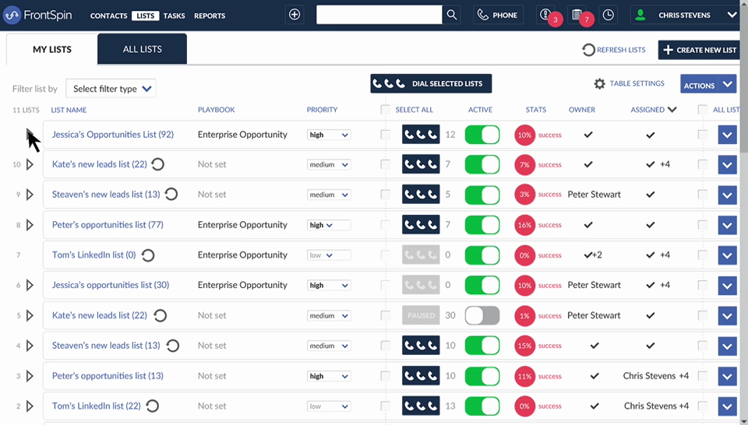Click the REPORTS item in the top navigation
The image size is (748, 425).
(x=210, y=16)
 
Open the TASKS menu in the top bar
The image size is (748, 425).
(x=174, y=16)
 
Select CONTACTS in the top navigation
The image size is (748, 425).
(x=108, y=16)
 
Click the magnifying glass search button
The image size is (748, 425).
(x=452, y=15)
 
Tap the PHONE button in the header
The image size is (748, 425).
(x=498, y=15)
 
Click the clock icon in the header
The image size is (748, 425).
(x=608, y=15)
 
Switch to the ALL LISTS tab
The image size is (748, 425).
(x=142, y=49)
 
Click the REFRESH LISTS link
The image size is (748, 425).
(x=614, y=50)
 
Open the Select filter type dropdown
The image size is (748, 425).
(x=111, y=89)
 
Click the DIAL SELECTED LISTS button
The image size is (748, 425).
(x=431, y=83)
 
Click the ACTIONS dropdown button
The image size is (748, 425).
(x=707, y=85)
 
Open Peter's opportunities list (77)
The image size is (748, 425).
(x=108, y=225)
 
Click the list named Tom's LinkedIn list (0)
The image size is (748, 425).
(x=93, y=255)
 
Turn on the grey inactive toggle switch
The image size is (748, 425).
(x=482, y=315)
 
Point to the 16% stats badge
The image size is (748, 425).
(x=524, y=225)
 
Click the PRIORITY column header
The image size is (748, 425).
(x=322, y=110)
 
